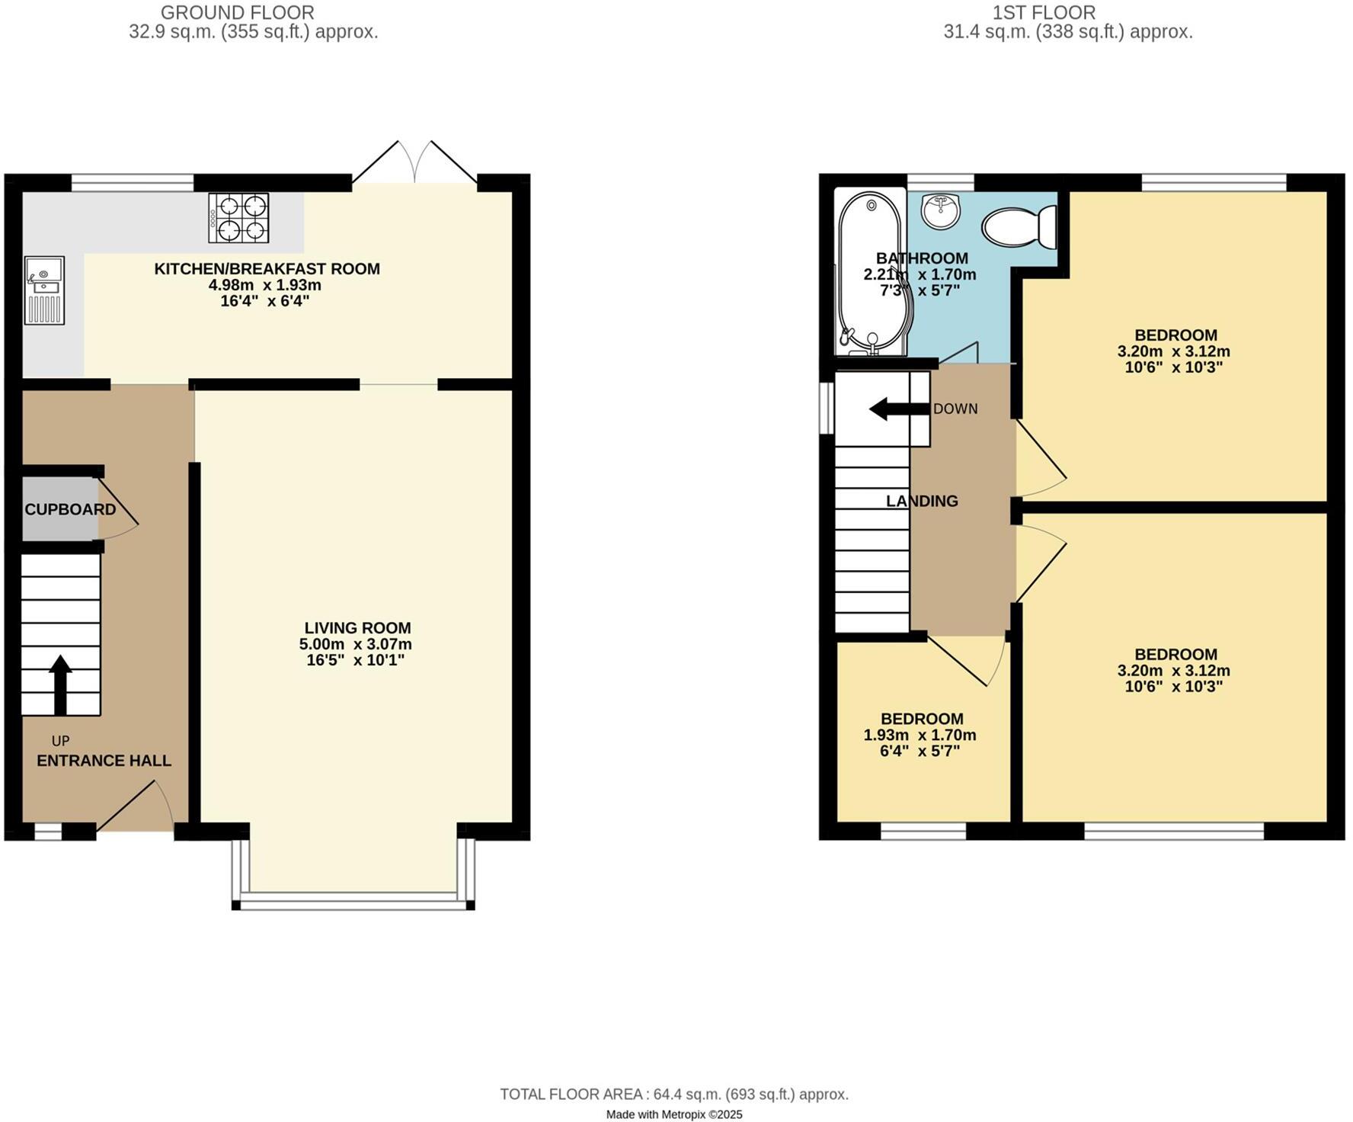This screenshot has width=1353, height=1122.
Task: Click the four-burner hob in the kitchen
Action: coord(238,218)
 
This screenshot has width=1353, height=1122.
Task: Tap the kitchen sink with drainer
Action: coord(44,290)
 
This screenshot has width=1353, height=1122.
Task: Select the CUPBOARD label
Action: coord(70,509)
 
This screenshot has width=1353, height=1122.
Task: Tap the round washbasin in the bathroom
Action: coord(941,210)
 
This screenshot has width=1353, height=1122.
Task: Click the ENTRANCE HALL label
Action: coord(104,761)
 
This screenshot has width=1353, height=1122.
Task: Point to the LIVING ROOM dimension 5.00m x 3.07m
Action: coord(356,644)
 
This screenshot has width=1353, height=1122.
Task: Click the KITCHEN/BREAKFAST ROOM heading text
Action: coord(267,268)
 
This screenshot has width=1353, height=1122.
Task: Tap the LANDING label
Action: coord(922,501)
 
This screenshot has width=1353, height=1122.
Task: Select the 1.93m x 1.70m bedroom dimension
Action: coord(920,736)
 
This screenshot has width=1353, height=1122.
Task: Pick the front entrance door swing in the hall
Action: coord(137,806)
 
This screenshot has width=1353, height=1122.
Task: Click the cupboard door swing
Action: coord(118,509)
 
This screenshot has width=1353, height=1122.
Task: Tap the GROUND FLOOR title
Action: coord(238,13)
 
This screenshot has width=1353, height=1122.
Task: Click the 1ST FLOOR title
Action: coord(1044,13)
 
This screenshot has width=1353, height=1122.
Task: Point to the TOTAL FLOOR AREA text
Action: coord(674,1095)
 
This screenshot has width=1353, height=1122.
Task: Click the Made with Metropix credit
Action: coord(674,1114)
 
